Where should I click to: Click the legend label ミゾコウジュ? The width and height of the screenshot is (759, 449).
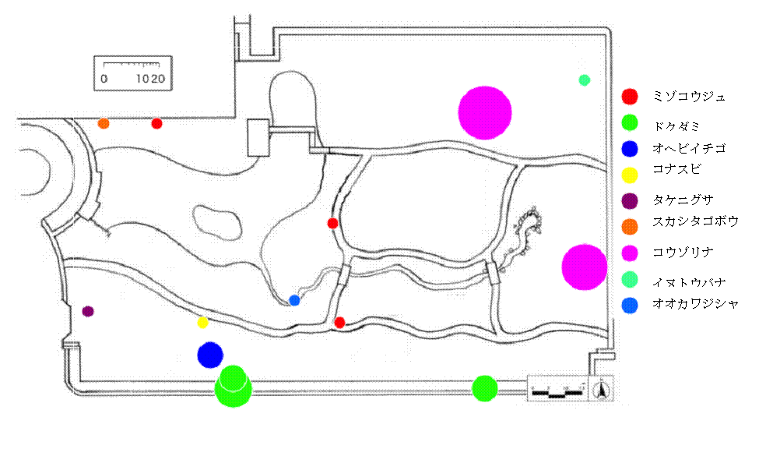click(690, 97)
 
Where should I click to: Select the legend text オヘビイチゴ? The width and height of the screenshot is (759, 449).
click(690, 148)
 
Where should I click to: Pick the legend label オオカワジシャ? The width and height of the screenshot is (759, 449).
click(695, 304)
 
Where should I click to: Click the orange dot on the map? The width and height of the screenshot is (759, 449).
click(104, 123)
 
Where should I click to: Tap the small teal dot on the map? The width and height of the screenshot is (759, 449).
click(585, 80)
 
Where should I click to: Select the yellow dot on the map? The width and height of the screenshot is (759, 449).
click(203, 323)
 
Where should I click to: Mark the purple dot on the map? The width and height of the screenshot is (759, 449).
click(88, 312)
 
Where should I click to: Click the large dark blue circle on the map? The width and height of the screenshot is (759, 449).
click(210, 355)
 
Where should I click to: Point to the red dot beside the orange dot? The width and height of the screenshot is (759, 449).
click(156, 123)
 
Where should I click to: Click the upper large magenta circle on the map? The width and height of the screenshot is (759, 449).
click(485, 112)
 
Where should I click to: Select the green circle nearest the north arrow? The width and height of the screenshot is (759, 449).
click(485, 387)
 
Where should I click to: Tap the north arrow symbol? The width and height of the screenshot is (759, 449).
click(602, 387)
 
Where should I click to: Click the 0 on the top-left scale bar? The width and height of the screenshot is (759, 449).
click(104, 80)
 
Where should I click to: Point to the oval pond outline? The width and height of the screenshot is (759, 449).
click(215, 221)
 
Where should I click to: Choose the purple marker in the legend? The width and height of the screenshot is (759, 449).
click(631, 200)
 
